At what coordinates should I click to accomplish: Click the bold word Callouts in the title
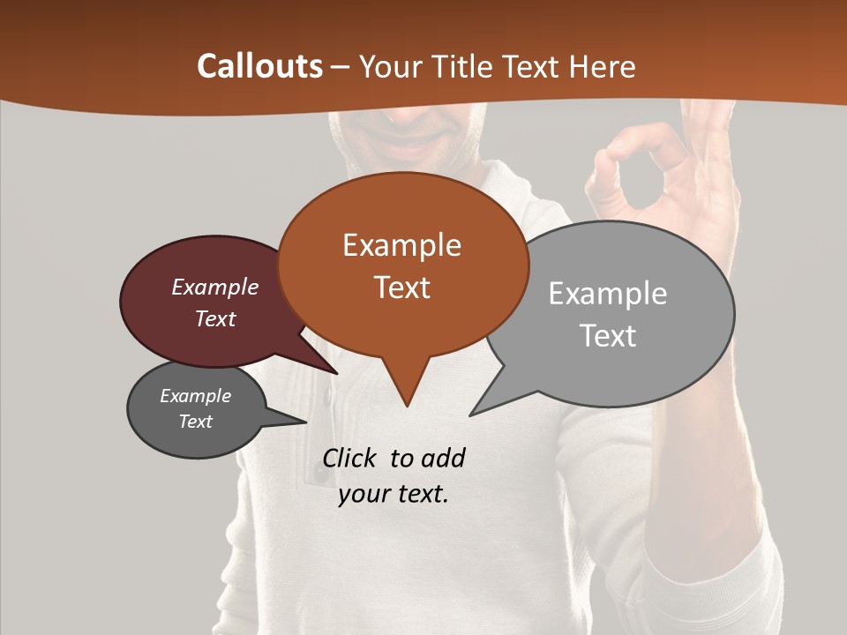coord(260,66)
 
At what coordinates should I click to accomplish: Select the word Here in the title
coord(603,67)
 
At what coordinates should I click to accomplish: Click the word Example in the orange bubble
coord(401,245)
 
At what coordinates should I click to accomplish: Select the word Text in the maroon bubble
coord(215,318)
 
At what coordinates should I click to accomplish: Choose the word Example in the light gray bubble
coord(608,294)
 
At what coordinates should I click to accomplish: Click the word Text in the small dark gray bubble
coord(196,422)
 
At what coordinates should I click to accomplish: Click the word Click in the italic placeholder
coord(351,458)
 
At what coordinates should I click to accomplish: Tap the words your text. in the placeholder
coord(394,494)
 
